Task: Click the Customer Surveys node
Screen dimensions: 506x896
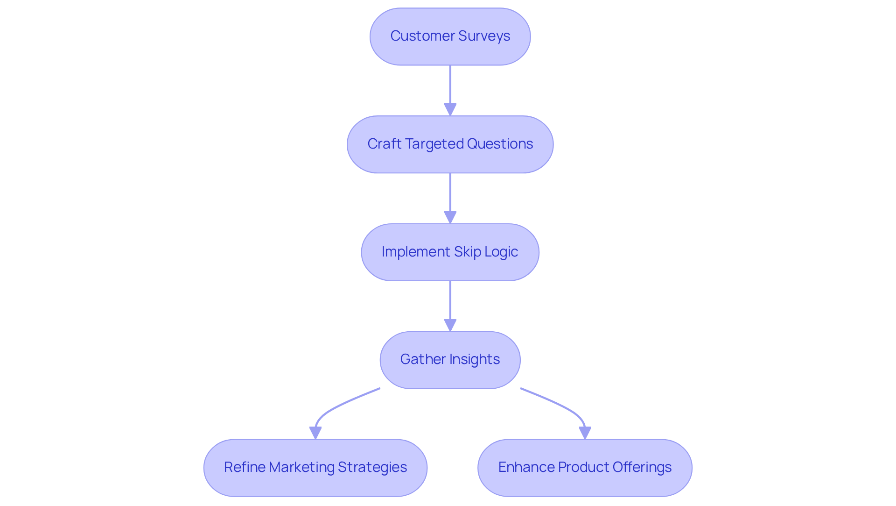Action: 450,36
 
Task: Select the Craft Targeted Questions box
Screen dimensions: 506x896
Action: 450,144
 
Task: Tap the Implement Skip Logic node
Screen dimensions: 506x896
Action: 450,252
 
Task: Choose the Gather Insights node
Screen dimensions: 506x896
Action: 450,360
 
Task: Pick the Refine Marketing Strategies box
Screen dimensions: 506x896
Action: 315,468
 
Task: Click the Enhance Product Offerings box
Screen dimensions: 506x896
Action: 585,468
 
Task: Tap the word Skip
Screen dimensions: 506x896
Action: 467,252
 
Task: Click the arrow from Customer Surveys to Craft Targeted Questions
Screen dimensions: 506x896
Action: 450,86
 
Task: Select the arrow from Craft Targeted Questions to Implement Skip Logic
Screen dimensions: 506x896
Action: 450,194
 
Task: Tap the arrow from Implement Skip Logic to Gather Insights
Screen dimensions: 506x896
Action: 450,301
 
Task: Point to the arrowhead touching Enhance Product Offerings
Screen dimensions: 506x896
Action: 585,433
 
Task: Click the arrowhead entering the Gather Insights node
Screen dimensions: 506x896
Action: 450,325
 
